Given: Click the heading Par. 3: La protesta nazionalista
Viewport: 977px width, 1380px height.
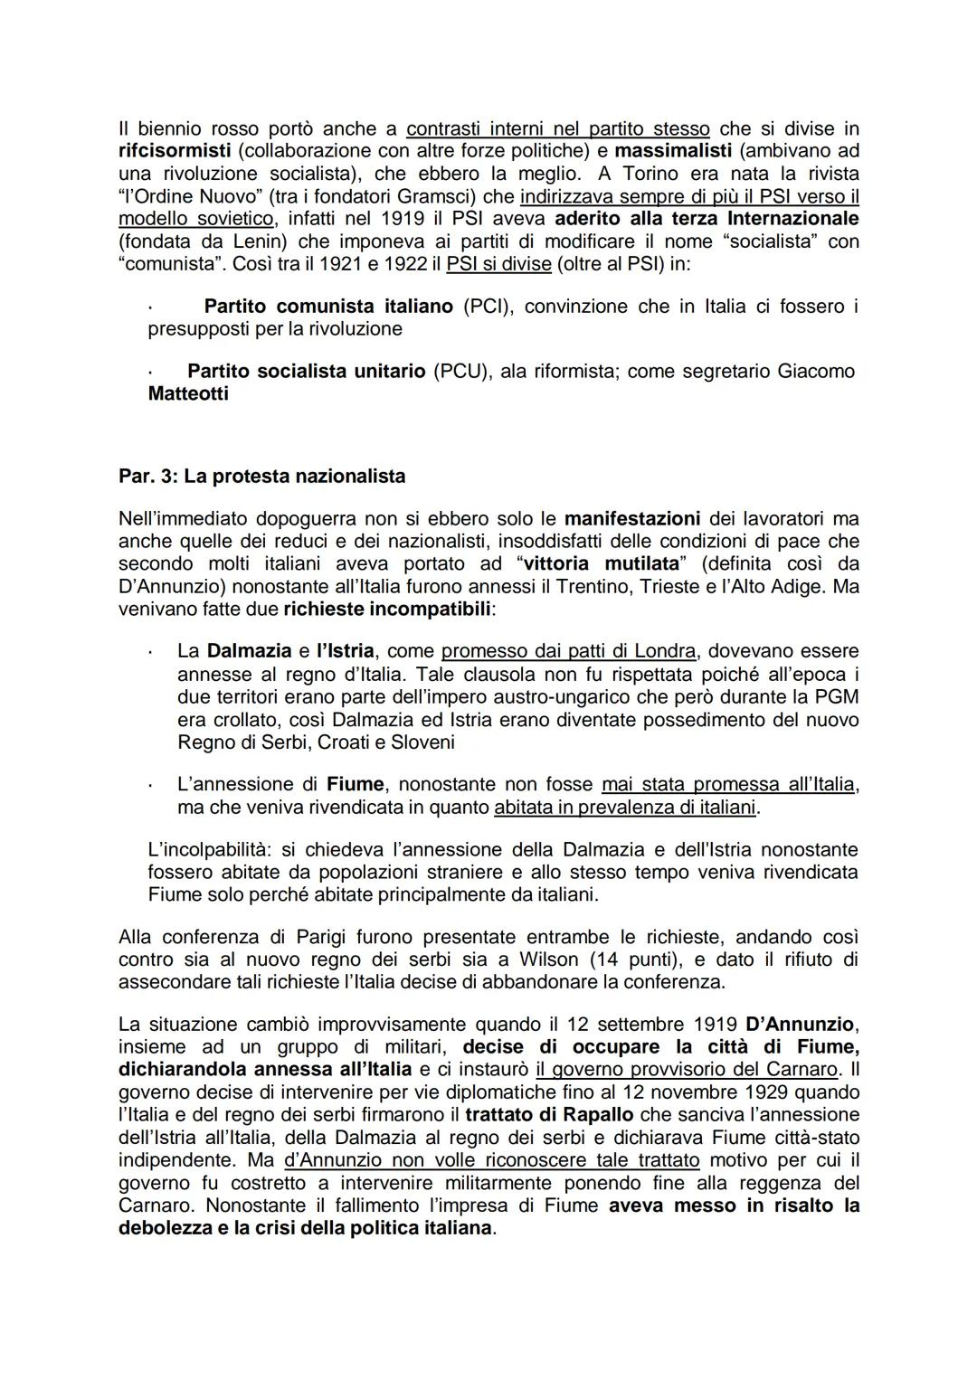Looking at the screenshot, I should [261, 477].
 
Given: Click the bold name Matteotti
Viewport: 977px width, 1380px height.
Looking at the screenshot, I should [188, 394].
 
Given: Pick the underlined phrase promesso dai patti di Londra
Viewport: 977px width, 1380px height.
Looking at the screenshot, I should [569, 651].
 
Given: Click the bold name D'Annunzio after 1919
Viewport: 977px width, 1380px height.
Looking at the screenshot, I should [800, 1025].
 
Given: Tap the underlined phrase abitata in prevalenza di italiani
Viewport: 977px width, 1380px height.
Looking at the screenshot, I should [625, 807].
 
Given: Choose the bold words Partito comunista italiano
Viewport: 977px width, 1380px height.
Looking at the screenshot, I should [328, 307].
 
